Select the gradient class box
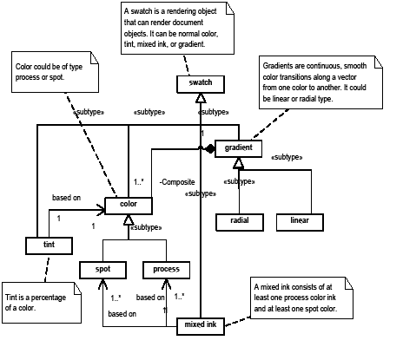[237, 149]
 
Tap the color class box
[129, 206]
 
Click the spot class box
[104, 269]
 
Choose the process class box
[166, 269]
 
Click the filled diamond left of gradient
[208, 149]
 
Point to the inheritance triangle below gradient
[238, 164]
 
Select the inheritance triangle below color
[129, 221]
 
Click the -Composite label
[178, 182]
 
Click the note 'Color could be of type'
[53, 71]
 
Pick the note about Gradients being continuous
[323, 85]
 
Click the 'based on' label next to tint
[66, 198]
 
